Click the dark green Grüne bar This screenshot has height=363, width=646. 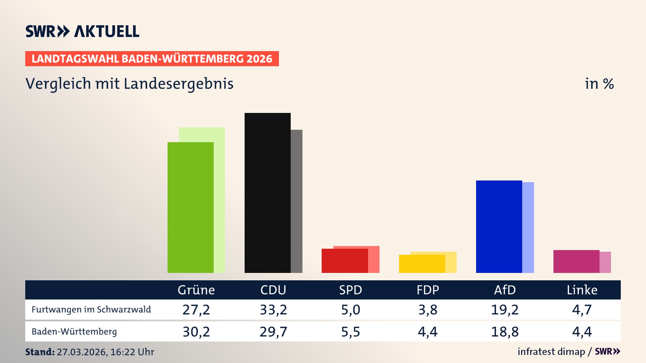coord(190,207)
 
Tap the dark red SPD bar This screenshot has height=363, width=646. coord(345,261)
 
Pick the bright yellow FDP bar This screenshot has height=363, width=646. coord(422,264)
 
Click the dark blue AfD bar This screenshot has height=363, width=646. coord(499,227)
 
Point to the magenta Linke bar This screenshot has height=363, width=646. coord(576,261)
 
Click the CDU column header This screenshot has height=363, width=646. coord(273,290)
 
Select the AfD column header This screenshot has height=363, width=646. coord(505,290)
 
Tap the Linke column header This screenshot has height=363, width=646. coord(582,290)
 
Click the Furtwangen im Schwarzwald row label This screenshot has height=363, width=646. coord(91,310)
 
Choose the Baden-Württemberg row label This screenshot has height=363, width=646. coord(74,332)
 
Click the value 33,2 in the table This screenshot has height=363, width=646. coord(273,310)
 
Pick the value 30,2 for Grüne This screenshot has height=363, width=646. coord(196,332)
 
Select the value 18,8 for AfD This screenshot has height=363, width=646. coord(505,332)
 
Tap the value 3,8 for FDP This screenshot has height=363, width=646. coord(428,310)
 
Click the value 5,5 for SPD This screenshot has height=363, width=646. coord(351,332)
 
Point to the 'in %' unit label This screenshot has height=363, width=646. coord(599,84)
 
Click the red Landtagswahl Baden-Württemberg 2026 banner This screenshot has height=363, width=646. coord(152,59)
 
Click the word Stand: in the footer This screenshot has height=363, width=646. coord(40,352)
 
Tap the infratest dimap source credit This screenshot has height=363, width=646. coord(551,352)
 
